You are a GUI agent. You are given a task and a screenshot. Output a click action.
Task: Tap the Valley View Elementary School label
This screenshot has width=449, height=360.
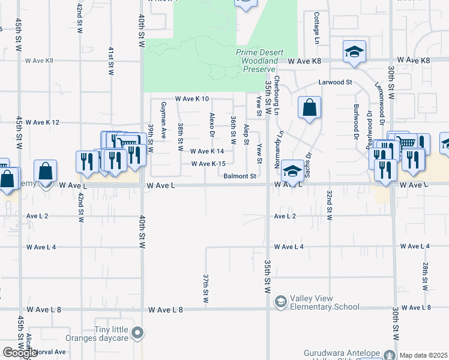(325, 302)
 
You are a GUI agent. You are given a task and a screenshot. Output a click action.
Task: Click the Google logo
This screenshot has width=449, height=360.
(19, 353)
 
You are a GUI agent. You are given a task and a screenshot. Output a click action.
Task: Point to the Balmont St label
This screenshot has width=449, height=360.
(240, 176)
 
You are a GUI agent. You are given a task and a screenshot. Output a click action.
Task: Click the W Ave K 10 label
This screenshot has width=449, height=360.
(191, 98)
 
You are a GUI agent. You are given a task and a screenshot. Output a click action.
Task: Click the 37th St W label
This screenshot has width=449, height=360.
(205, 289)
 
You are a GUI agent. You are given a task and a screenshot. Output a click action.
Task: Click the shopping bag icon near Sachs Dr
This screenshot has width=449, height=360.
(309, 109)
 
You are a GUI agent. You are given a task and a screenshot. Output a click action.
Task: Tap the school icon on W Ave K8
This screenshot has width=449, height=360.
(355, 52)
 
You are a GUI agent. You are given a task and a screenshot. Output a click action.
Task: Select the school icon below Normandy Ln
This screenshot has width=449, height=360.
(292, 172)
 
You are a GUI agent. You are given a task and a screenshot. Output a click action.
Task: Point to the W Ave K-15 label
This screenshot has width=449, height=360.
(208, 164)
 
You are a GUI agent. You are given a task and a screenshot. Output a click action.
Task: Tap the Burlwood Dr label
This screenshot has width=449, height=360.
(356, 118)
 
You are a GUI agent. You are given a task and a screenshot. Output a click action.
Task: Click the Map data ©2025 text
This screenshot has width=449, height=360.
(424, 355)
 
